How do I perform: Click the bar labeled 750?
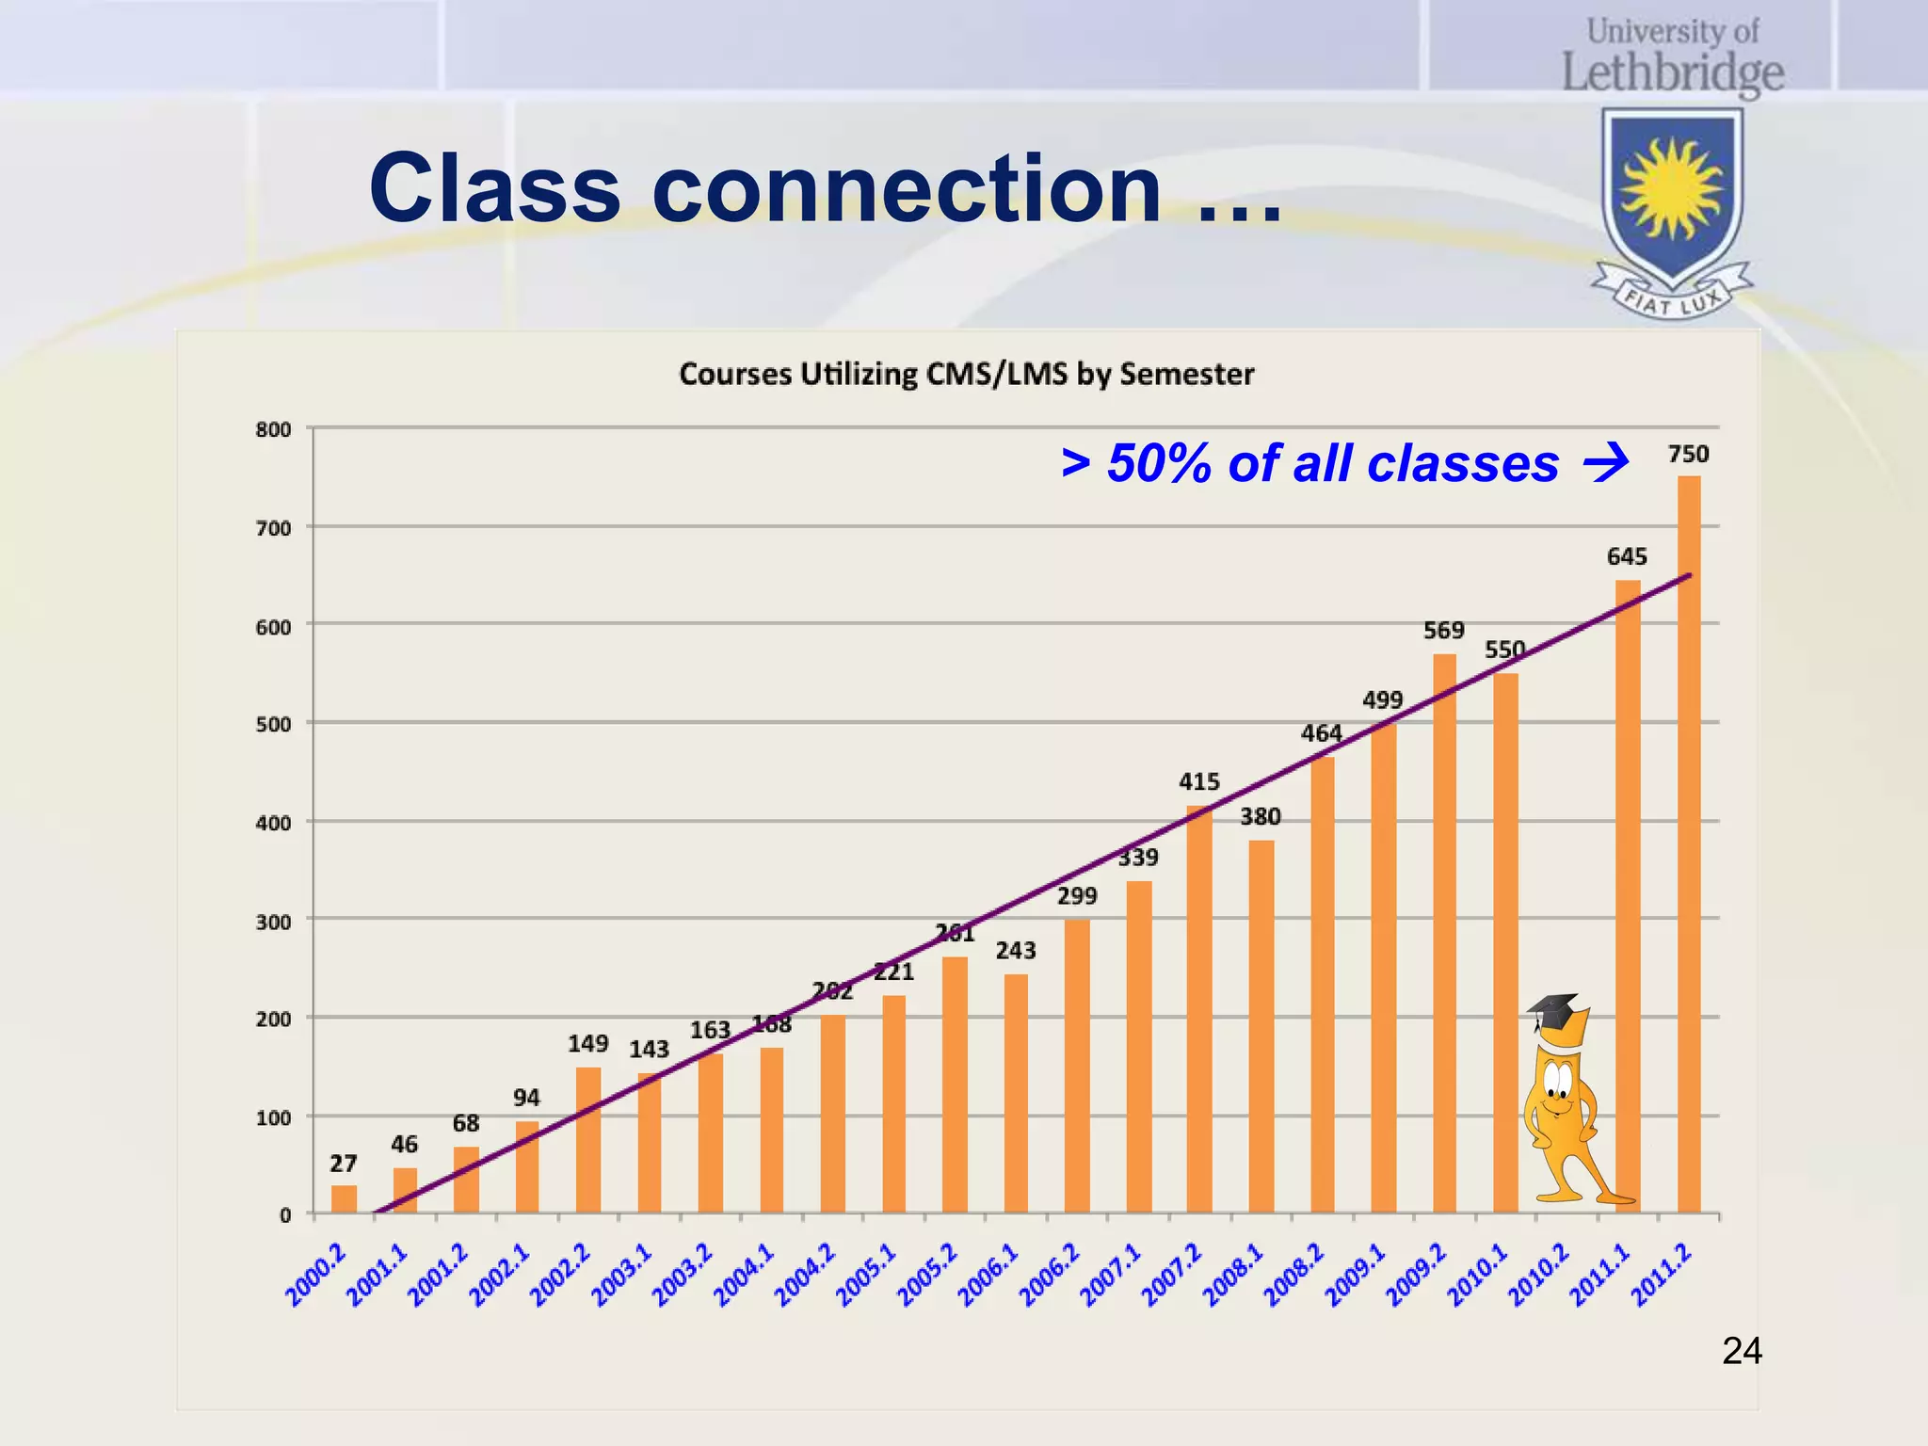tap(1689, 847)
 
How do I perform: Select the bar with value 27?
tap(344, 1199)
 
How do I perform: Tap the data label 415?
tap(1198, 781)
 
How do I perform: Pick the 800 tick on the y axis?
tap(273, 430)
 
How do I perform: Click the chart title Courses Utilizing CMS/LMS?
tap(966, 375)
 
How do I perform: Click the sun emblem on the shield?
tap(1672, 189)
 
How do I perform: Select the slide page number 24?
tap(1741, 1352)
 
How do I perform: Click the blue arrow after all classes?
tap(1606, 463)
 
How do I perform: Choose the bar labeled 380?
tap(1261, 1026)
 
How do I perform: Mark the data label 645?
tap(1626, 556)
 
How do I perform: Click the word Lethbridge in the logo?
tap(1672, 73)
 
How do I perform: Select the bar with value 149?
tap(588, 1139)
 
